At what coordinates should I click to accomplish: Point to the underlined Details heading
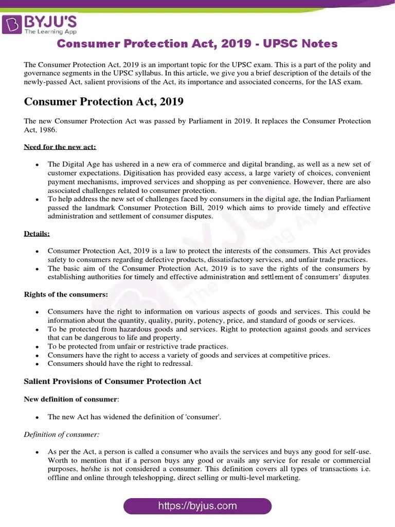tap(37, 234)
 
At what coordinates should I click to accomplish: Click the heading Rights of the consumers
tap(66, 294)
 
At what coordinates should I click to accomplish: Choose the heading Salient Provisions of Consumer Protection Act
tap(113, 381)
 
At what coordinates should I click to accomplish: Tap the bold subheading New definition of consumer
tap(71, 399)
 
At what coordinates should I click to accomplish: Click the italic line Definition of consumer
tap(61, 434)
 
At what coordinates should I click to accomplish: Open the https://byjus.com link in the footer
tap(197, 506)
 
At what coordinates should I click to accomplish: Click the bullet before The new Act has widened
tap(37, 417)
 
